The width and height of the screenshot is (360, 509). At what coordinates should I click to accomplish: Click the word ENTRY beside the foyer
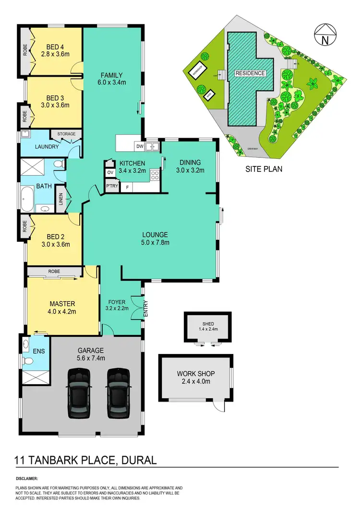coord(146,308)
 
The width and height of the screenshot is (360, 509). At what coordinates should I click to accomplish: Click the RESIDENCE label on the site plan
coord(250,73)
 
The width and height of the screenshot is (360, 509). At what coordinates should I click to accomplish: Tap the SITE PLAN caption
coord(264,168)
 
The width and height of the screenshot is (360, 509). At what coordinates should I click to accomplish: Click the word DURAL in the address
coord(138,461)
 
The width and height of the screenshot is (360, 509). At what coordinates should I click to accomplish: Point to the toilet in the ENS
coord(28,361)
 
